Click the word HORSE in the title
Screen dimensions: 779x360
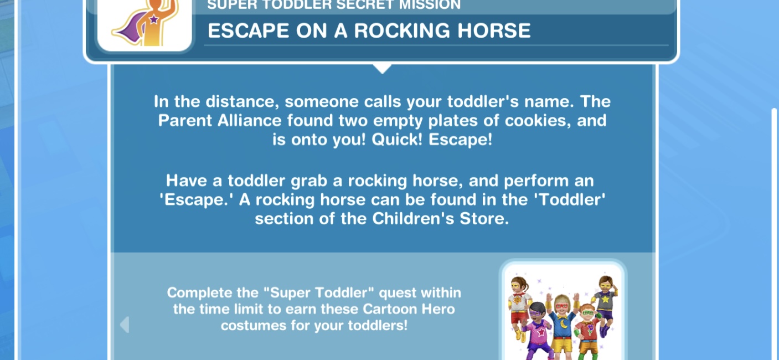(494, 30)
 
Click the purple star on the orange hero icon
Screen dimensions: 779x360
(154, 19)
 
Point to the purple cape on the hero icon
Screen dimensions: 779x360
(128, 28)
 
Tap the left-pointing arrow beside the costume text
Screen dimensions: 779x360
(125, 325)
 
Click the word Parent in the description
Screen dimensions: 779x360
(185, 121)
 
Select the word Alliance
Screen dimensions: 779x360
(249, 121)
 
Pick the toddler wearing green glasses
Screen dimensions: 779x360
(588, 331)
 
